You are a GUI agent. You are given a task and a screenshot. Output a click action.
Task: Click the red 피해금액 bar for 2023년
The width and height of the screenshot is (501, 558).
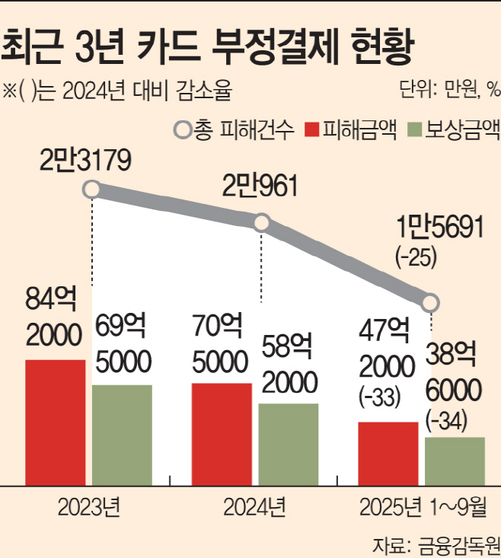pyautogui.click(x=55, y=422)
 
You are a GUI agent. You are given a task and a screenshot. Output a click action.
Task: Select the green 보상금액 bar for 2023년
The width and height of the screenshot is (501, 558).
pyautogui.click(x=122, y=435)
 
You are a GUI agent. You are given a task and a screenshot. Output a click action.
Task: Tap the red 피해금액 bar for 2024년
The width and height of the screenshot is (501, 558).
pyautogui.click(x=222, y=434)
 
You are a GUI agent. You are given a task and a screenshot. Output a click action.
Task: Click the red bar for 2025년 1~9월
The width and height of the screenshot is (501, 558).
pyautogui.click(x=388, y=453)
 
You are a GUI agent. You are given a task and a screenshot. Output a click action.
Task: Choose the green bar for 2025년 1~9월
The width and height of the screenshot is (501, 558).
pyautogui.click(x=455, y=461)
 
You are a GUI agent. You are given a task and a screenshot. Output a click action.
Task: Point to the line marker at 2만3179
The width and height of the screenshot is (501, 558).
pyautogui.click(x=92, y=189)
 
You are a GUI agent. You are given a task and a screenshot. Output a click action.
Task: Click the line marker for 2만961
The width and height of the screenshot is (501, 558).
pyautogui.click(x=262, y=223)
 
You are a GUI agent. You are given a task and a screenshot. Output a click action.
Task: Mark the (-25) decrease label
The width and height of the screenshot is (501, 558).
pyautogui.click(x=416, y=257)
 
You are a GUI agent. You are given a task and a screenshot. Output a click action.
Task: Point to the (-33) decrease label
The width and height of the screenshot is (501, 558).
pyautogui.click(x=378, y=397)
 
